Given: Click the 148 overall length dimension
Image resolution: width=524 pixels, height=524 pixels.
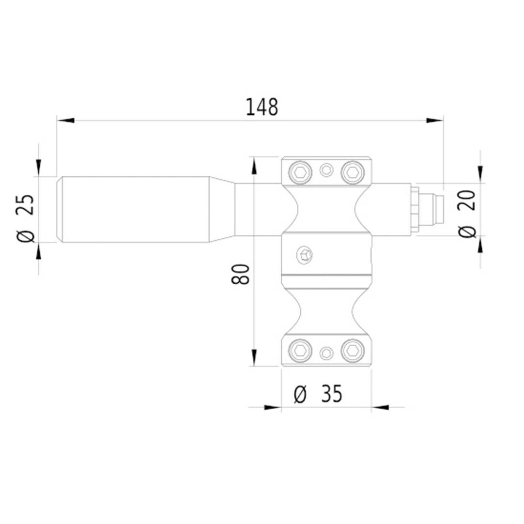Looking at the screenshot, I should (x=262, y=107).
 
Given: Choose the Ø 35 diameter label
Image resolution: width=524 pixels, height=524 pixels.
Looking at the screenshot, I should (x=318, y=395).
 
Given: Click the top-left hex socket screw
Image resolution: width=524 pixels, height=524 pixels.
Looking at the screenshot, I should (x=300, y=171).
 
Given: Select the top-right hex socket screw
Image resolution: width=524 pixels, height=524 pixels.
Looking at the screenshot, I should (x=352, y=171).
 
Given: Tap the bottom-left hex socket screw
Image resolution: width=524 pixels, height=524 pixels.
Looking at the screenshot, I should (x=300, y=351).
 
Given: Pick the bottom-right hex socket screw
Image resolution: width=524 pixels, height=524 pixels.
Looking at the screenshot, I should (x=352, y=351).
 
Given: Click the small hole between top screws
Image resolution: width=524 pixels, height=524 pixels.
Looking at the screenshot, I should (x=327, y=170).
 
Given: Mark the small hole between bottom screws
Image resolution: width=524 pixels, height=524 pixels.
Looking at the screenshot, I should (x=327, y=353).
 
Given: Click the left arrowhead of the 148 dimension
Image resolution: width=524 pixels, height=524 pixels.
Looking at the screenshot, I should (x=65, y=120).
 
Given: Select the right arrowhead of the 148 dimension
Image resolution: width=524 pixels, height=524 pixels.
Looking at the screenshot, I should (x=435, y=120).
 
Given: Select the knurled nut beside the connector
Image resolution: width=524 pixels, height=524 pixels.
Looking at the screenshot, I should (x=415, y=210).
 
